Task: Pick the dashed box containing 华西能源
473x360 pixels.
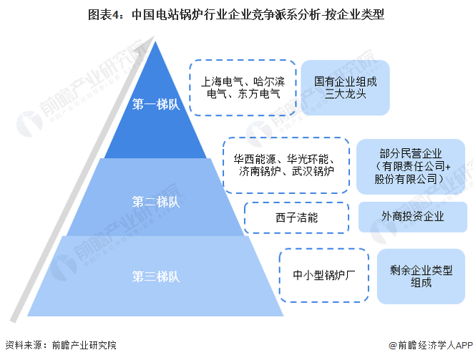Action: coord(286,165)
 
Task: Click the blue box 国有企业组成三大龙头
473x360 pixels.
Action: coord(345,87)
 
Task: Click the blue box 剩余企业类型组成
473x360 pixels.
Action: coord(421,276)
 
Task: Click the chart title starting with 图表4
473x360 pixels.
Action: coord(236,13)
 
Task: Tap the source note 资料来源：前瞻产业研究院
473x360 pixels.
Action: coord(60,344)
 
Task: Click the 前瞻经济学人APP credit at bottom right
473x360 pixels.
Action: coord(427,344)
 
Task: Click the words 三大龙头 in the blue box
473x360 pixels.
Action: coord(345,94)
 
